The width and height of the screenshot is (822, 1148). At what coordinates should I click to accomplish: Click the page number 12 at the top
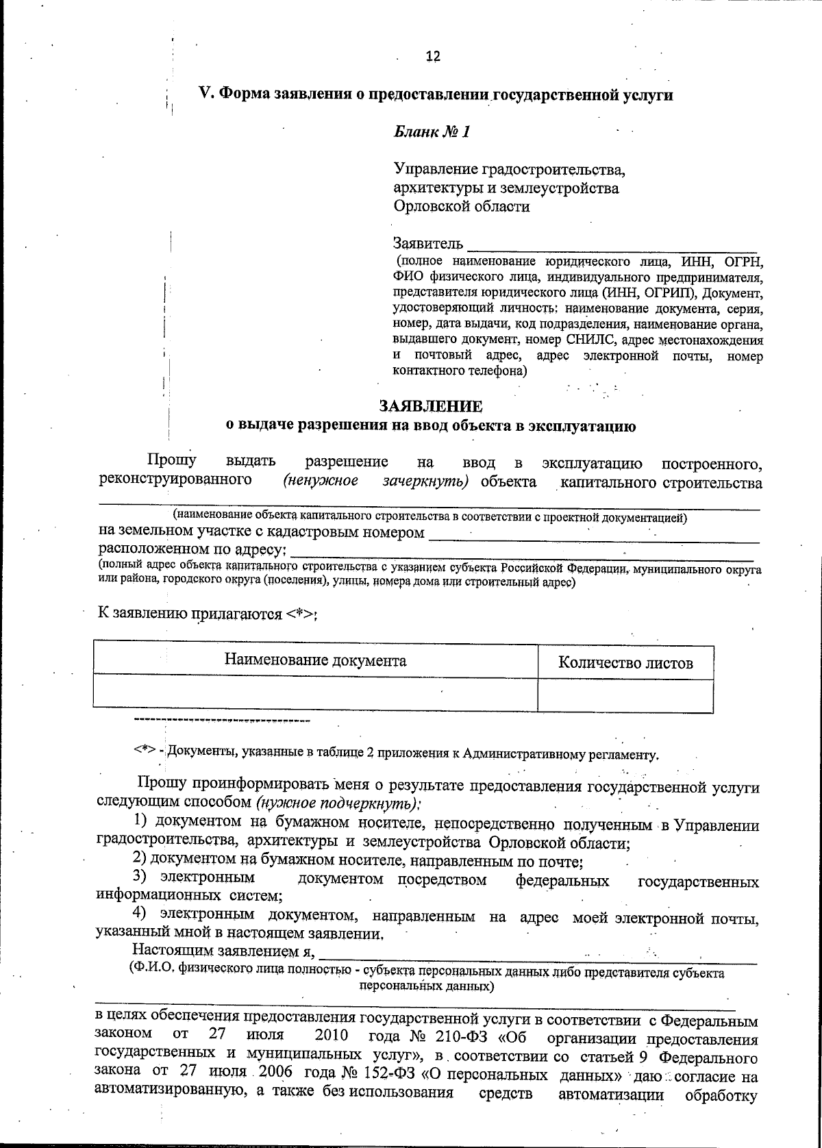tap(432, 57)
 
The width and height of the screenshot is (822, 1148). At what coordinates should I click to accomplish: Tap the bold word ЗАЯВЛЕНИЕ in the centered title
tap(431, 407)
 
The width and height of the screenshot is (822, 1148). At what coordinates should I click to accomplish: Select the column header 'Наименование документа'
tap(315, 661)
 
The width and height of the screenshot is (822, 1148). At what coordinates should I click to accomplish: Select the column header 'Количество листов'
tap(625, 663)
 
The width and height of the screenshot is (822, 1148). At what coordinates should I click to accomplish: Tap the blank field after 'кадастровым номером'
tap(593, 534)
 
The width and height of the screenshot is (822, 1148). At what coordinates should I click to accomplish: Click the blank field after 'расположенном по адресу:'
tap(524, 551)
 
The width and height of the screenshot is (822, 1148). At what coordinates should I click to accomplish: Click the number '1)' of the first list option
tap(140, 821)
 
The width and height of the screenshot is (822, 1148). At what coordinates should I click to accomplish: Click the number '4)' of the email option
tap(140, 914)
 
